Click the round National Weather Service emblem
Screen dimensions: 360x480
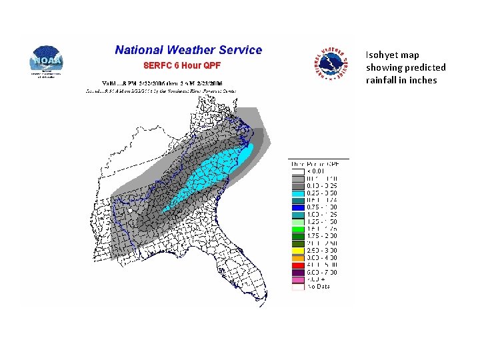[332, 65]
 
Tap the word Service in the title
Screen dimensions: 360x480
[240, 50]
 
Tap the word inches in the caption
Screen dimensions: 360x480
[423, 81]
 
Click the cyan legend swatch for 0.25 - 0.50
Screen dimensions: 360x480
[298, 192]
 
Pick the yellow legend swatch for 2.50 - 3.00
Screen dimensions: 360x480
[298, 250]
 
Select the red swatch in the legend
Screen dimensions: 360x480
[298, 265]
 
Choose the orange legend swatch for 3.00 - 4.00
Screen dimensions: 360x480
[298, 257]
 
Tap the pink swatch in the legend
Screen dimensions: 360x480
[298, 279]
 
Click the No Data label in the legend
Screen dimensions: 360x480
[319, 287]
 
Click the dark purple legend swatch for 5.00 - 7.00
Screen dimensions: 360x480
[298, 272]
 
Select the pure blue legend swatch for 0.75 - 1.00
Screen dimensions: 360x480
[298, 207]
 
